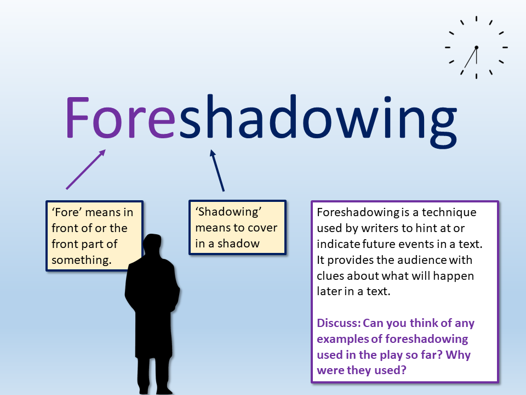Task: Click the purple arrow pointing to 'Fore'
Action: coord(86,170)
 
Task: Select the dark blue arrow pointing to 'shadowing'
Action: coord(217,171)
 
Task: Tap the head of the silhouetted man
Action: coord(153,245)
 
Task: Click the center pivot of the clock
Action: coord(476,48)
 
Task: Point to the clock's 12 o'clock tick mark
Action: coord(476,19)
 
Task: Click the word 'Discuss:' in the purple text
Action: coord(339,323)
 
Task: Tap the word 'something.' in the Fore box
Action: coord(82,260)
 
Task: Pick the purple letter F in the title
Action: coord(77,117)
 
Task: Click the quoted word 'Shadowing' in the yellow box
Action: coord(228,212)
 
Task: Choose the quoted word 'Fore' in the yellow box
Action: coord(67,212)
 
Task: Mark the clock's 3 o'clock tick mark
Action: coord(505,48)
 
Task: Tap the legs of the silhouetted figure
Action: coord(155,375)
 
